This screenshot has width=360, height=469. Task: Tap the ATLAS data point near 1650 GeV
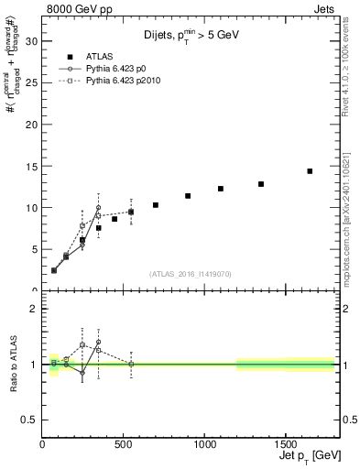[x=310, y=171]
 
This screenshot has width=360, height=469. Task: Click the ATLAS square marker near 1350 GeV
[x=261, y=184]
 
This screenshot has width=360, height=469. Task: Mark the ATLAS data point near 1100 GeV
[x=221, y=189]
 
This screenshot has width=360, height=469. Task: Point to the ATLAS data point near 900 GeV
[x=188, y=196]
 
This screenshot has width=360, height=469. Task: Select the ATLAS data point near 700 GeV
[x=156, y=205]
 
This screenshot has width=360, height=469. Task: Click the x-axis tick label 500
[x=124, y=446]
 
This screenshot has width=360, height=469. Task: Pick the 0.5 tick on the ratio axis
[x=29, y=420]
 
